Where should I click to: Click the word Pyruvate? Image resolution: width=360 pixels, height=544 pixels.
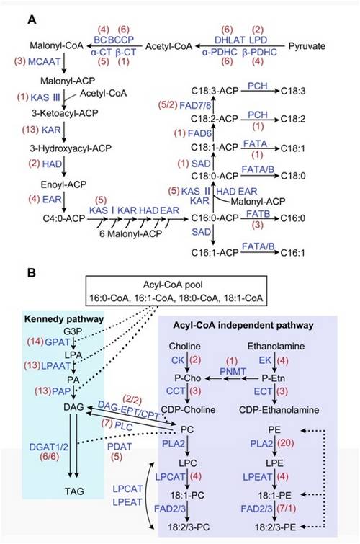point(307,46)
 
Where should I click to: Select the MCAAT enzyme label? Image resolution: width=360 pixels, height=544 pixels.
point(45,61)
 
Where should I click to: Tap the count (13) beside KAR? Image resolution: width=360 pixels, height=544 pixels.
point(30,130)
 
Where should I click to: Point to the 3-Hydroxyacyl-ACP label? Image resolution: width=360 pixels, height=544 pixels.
point(71,148)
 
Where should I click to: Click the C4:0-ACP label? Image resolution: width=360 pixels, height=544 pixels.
point(64,218)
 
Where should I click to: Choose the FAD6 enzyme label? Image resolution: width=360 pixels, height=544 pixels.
point(199,133)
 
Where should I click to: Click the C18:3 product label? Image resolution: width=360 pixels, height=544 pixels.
point(293,92)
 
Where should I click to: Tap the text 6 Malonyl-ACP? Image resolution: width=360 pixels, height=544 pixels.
point(131,234)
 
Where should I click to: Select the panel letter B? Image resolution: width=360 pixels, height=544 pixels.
point(32,272)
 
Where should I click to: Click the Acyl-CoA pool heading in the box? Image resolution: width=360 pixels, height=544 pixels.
point(173,285)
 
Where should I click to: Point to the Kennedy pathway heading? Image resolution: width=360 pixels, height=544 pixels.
point(64,319)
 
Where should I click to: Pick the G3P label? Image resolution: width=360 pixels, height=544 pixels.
point(73,331)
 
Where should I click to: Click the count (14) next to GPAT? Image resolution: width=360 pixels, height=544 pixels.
point(35,342)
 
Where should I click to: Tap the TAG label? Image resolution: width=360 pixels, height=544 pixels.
point(74,491)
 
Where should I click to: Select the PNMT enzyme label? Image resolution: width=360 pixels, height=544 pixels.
point(233,372)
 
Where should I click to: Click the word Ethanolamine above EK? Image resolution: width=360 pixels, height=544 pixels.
point(276,347)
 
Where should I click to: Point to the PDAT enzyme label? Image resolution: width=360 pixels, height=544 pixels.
point(120,446)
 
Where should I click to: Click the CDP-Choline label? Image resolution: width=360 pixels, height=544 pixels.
point(188,410)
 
